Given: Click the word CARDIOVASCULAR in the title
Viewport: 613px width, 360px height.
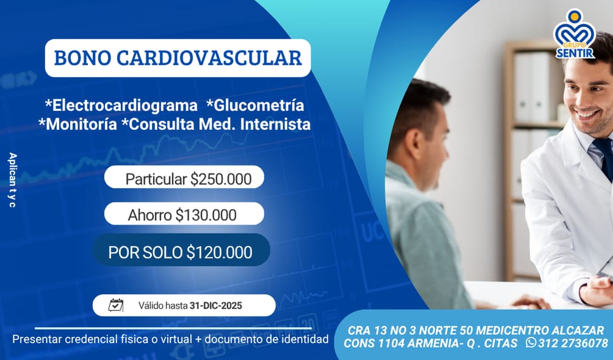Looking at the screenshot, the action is click(209, 58).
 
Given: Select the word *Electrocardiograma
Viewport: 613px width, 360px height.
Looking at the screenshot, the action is click(121, 106).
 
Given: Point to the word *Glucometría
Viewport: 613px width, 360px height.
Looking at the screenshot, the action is click(255, 105).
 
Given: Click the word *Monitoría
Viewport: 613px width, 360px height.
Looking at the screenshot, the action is click(78, 124).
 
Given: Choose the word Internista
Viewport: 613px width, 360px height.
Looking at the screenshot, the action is click(275, 124).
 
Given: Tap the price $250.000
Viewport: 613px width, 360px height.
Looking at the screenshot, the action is click(221, 179).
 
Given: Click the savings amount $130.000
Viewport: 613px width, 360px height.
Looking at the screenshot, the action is click(206, 215).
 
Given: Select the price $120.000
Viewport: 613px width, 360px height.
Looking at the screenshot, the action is click(219, 252).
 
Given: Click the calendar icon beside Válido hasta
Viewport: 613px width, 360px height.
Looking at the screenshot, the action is click(116, 305).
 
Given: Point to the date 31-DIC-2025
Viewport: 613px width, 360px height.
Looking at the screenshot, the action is click(216, 306).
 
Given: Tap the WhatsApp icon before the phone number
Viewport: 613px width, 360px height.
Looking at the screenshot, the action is click(531, 342).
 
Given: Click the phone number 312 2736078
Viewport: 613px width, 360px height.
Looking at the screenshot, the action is click(573, 343).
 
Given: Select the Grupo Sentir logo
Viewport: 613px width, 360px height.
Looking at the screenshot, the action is click(575, 34).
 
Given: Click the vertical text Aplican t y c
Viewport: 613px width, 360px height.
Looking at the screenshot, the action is click(12, 180).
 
